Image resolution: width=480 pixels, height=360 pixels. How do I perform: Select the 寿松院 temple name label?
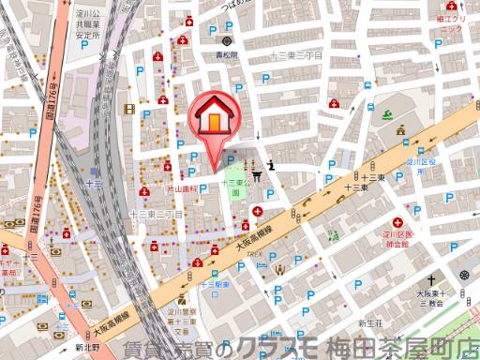(x=226, y=54)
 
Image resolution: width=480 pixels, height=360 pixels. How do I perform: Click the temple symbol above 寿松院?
(x=226, y=42)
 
